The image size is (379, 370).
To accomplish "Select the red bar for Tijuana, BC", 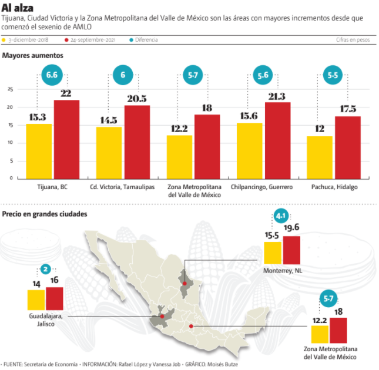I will pyautogui.click(x=66, y=140).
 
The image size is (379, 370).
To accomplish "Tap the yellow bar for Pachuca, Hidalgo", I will pyautogui.click(x=320, y=157).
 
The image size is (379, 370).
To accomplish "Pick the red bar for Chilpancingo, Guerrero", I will pyautogui.click(x=277, y=141).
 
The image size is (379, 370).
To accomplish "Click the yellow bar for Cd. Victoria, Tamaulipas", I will pyautogui.click(x=109, y=153).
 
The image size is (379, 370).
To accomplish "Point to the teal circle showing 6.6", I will pyautogui.click(x=52, y=75).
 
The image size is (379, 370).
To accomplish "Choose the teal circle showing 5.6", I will pyautogui.click(x=263, y=75).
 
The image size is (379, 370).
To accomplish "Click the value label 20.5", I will pyautogui.click(x=136, y=98).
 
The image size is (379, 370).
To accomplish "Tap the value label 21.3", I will pyautogui.click(x=277, y=96).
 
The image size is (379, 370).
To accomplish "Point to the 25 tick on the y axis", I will pyautogui.click(x=10, y=89).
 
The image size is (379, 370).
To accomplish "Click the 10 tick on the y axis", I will pyautogui.click(x=10, y=143).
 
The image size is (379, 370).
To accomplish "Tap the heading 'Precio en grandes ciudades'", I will pyautogui.click(x=45, y=214).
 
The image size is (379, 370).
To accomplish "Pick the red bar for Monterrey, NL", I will pyautogui.click(x=291, y=250).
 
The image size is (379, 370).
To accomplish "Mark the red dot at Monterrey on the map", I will pyautogui.click(x=185, y=283).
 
